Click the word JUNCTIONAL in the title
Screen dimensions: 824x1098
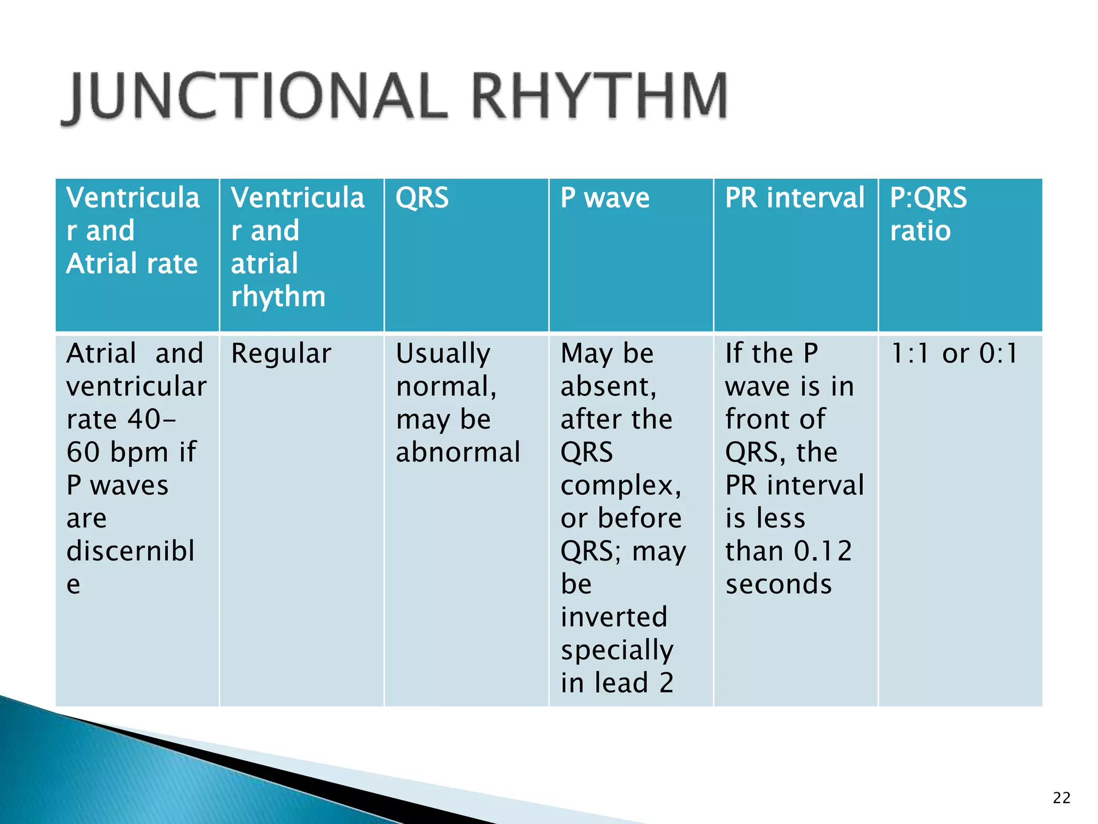[x=257, y=97]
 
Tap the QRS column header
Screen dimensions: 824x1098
[x=422, y=198]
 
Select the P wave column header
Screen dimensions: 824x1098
[x=605, y=198]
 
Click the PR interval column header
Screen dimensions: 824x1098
[x=795, y=198]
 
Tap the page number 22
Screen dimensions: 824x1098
[x=1061, y=798]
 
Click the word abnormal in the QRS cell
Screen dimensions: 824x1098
[x=458, y=452]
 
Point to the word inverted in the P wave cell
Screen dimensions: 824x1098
[x=614, y=617]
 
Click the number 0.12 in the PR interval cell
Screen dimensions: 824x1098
[x=822, y=551]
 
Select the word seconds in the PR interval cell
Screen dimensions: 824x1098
[x=778, y=584]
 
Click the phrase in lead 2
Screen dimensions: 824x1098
[x=617, y=683]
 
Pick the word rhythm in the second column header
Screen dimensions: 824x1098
[x=278, y=297]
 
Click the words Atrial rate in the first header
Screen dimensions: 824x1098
[x=132, y=264]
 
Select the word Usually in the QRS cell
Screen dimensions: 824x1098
[x=443, y=354]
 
